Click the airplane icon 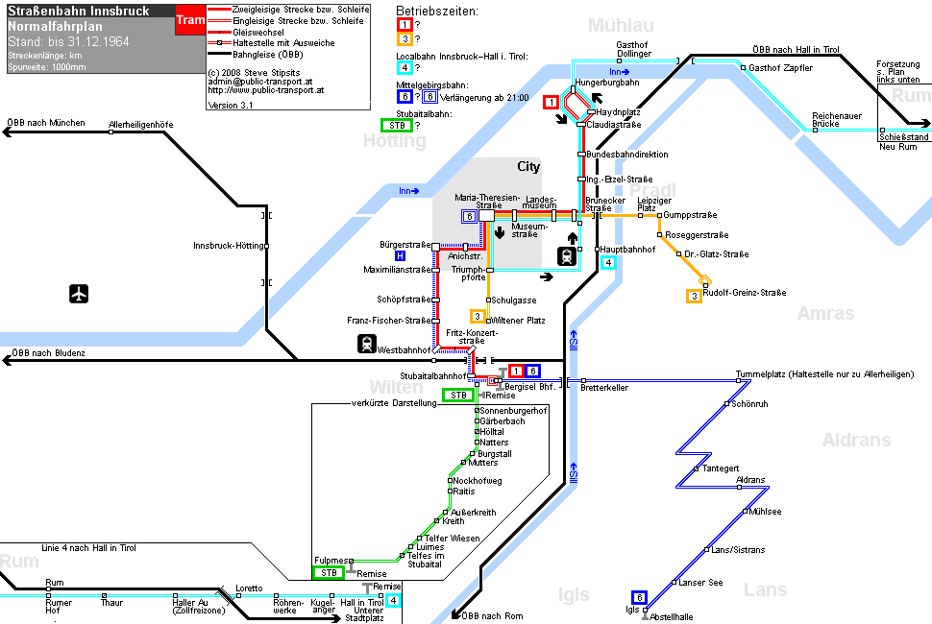79,294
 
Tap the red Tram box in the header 190,19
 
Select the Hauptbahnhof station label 627,250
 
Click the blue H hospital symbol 400,256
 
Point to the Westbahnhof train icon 367,344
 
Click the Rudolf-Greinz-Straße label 745,293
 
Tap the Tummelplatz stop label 824,374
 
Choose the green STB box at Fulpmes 329,573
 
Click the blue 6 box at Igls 639,597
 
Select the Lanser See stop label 700,583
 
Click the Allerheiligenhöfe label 141,125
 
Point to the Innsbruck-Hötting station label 229,245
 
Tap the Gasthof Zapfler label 780,68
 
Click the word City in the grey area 528,167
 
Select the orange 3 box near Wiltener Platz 478,317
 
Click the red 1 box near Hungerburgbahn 551,102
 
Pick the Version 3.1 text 231,105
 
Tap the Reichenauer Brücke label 837,119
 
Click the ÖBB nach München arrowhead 7,132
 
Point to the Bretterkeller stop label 604,388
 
